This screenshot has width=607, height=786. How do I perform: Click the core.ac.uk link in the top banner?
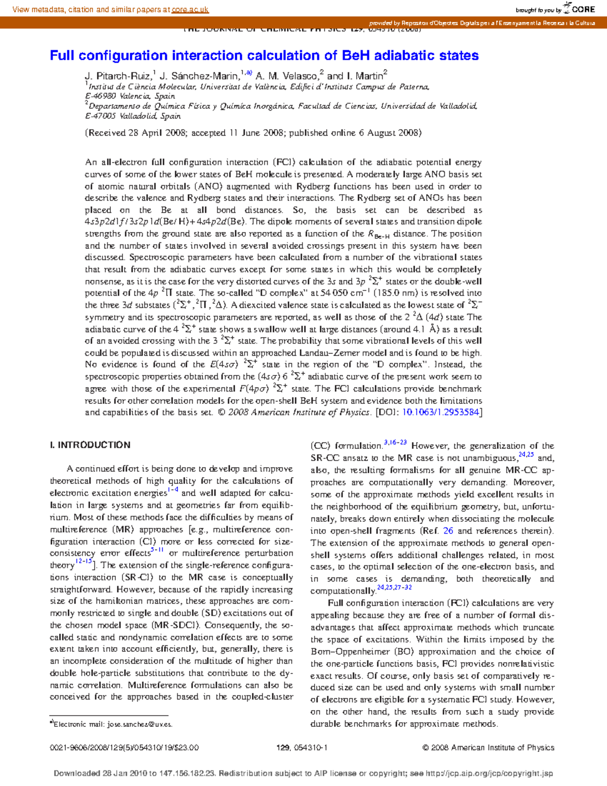tap(190, 10)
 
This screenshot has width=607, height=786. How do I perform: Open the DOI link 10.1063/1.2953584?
tap(440, 412)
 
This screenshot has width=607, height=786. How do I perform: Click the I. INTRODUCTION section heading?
tap(90, 445)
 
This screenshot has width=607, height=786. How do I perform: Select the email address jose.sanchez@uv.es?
tap(139, 724)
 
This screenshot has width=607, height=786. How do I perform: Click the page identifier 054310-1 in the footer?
tap(309, 748)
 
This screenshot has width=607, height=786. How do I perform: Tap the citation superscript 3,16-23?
tap(395, 443)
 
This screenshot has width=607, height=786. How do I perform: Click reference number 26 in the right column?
tap(448, 531)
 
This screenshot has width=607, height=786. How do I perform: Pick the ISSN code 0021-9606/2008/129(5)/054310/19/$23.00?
tap(124, 748)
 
